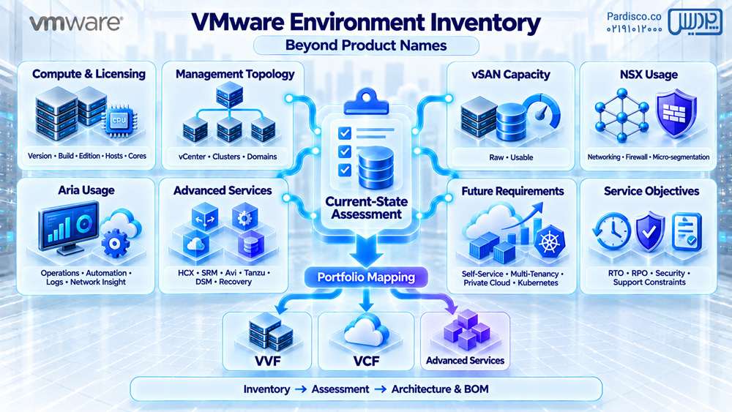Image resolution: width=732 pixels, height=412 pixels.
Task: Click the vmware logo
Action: tap(76, 23)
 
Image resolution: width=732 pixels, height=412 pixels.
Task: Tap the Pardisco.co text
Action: tap(634, 16)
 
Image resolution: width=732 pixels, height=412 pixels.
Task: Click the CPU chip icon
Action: tap(118, 121)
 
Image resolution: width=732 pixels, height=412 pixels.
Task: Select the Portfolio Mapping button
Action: tap(366, 277)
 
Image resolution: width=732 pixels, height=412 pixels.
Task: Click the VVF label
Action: tap(268, 361)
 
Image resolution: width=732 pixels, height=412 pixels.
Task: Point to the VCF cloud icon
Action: tap(367, 329)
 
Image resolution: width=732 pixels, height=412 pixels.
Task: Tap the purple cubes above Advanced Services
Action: tap(466, 330)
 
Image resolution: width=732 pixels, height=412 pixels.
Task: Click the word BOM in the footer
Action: tap(477, 389)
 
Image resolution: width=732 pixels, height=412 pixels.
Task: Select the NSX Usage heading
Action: tap(649, 75)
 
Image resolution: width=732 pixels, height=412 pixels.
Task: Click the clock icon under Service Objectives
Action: tap(611, 231)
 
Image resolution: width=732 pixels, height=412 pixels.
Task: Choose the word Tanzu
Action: tap(255, 272)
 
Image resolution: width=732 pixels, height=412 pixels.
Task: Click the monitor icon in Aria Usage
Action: tap(69, 228)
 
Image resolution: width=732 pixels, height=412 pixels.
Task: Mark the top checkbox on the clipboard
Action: tap(345, 133)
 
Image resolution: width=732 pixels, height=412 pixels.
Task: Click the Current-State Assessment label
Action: tap(367, 208)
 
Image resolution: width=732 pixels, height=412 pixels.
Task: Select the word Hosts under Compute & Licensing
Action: tap(114, 156)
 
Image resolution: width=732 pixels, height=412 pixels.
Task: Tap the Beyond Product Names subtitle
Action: tap(366, 45)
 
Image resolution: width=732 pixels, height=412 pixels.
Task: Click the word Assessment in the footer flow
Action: tap(340, 389)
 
